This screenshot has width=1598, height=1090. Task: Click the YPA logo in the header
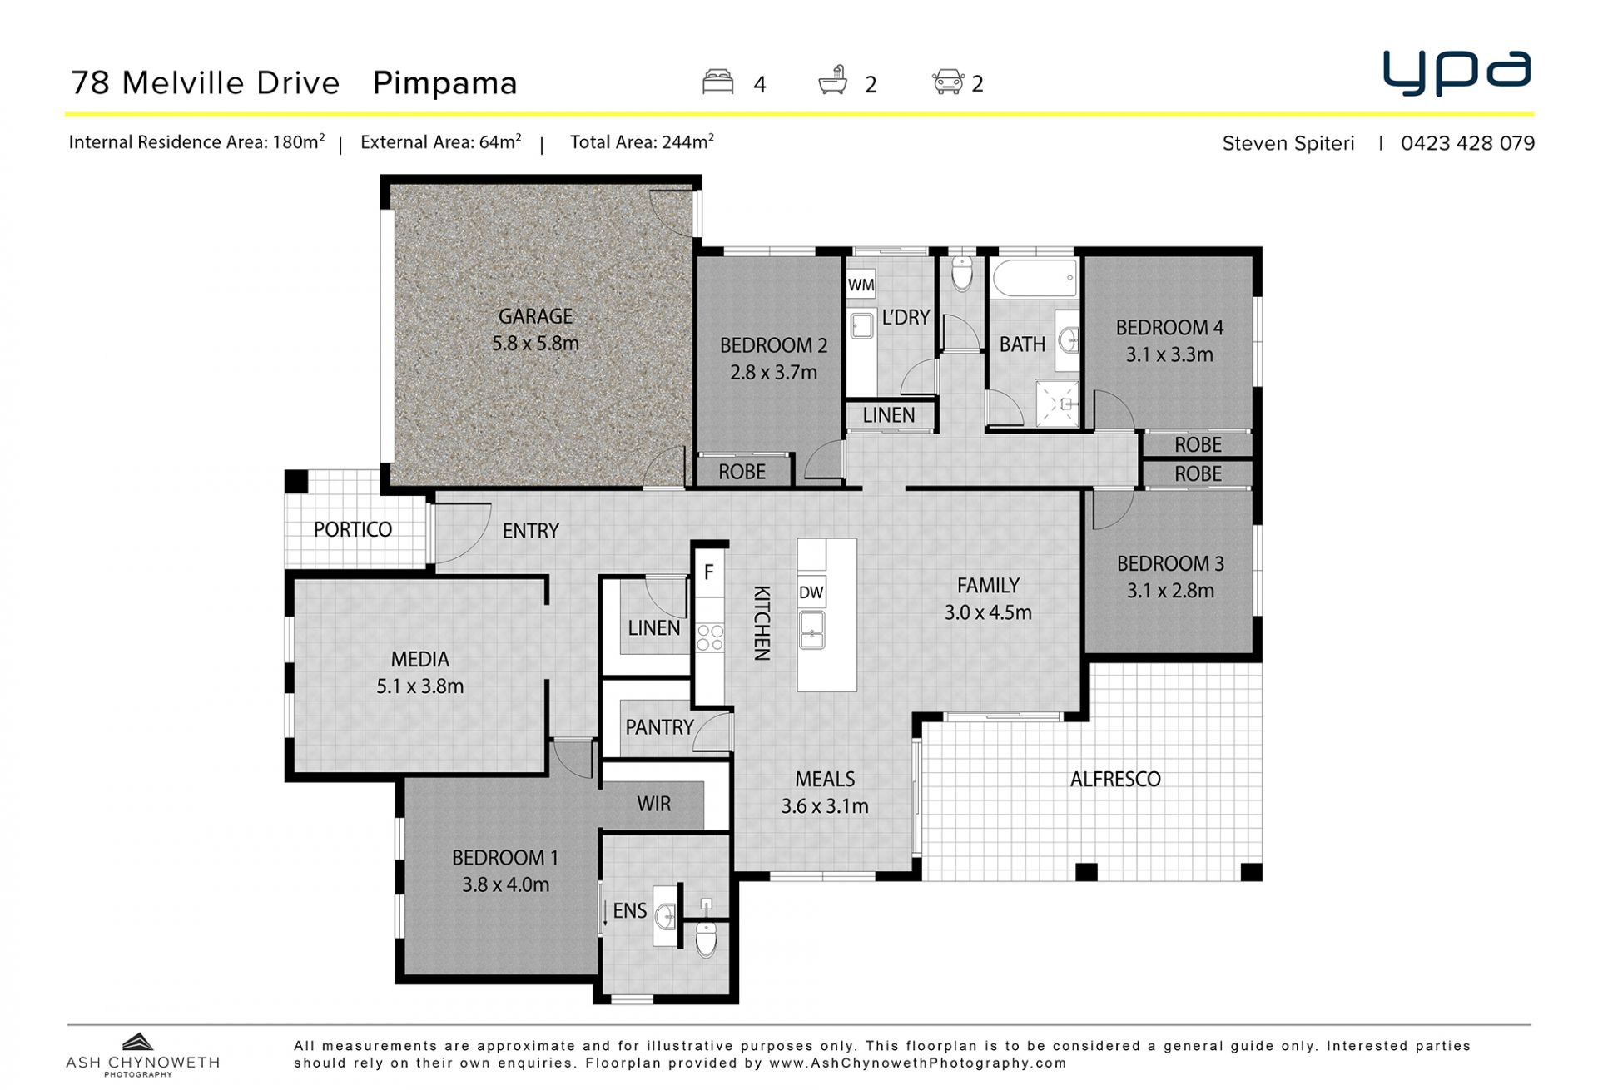[1457, 73]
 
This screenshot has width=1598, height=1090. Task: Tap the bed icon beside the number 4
[717, 82]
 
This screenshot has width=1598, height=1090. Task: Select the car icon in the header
[948, 82]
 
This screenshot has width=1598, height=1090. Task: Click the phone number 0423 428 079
[1467, 143]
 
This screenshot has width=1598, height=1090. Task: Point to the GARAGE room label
[535, 316]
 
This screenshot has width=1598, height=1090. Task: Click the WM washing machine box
[861, 285]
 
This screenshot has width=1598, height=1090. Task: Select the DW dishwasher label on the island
[811, 592]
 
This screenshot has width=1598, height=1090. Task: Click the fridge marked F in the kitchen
[709, 572]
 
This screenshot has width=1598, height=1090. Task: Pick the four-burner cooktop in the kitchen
[710, 637]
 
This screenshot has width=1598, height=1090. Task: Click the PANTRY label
[659, 727]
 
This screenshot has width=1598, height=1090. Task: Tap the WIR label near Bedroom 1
[653, 804]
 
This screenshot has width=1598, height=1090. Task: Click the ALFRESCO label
[1115, 779]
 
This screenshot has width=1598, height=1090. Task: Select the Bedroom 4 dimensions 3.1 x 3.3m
[1169, 354]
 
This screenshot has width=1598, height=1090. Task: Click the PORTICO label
[353, 529]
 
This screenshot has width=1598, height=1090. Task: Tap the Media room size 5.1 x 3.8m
[419, 686]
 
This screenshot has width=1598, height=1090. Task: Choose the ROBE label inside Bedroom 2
[742, 472]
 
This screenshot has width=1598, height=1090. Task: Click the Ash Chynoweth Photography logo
[142, 1055]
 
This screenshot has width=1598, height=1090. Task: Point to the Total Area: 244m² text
[642, 142]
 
